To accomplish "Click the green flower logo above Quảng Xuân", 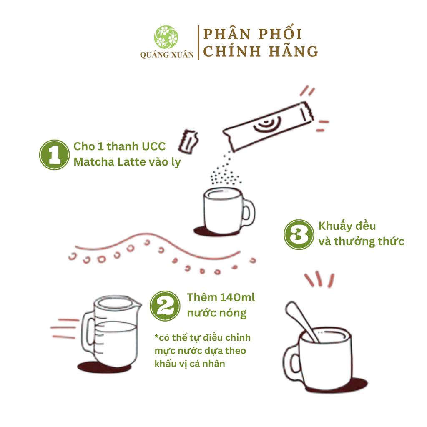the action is pyautogui.click(x=166, y=37).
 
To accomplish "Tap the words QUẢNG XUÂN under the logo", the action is pyautogui.click(x=167, y=55).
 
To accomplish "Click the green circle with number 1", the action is pyautogui.click(x=55, y=155).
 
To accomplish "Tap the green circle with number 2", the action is pyautogui.click(x=165, y=306).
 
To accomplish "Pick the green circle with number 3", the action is pyautogui.click(x=299, y=234).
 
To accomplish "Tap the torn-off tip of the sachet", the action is pyautogui.click(x=188, y=141).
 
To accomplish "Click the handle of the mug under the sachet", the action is pyautogui.click(x=249, y=213).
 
